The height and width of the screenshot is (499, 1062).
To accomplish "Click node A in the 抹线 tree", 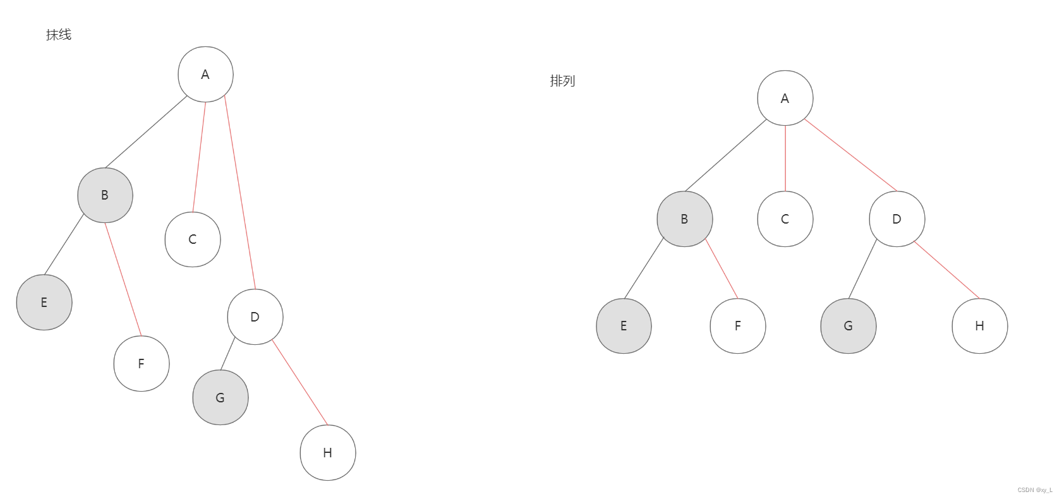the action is pos(205,75).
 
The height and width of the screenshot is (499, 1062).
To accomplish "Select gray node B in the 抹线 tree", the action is pos(105,195).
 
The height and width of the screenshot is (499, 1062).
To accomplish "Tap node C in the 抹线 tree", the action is pos(193,239).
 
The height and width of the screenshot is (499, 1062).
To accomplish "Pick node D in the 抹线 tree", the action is pos(255,317).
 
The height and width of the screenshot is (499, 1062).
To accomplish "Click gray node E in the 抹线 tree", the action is pos(44,303).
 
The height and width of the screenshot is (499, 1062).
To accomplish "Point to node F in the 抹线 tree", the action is pos(142,364).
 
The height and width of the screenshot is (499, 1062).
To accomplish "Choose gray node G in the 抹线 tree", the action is pos(220,397).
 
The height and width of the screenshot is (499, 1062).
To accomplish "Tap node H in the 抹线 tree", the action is pos(328,453).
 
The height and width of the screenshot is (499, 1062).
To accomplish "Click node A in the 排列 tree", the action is pos(785,98).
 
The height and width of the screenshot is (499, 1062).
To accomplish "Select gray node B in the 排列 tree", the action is pos(685,219).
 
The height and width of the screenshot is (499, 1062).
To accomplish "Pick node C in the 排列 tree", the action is pos(785,219).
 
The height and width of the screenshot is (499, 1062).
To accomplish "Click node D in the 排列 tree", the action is pos(897,219).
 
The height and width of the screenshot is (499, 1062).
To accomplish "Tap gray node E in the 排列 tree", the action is pos(624,326).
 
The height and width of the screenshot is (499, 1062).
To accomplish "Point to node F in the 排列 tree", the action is pos(738,326).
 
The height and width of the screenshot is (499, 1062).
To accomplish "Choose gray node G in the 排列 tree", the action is pos(848,326).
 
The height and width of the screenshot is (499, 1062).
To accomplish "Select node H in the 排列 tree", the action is pos(980,326).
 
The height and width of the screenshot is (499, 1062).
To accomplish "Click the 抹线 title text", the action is pos(59,35).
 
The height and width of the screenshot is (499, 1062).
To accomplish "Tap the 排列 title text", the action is pos(562,81).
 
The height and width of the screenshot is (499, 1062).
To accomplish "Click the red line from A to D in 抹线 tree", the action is pos(240,193).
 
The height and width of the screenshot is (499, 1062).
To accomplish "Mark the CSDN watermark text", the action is pos(1035,490).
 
